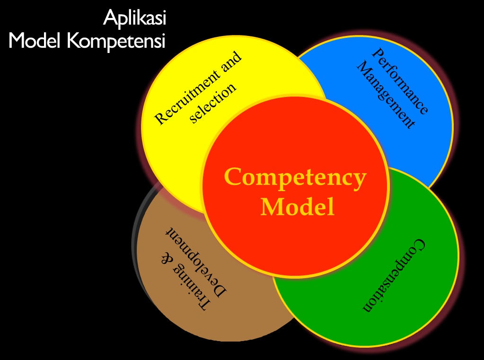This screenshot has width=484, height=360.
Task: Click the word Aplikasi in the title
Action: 135,19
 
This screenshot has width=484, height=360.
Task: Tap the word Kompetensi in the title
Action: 116,41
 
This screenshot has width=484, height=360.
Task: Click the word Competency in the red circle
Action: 295,177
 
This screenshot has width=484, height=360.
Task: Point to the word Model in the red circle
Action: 298,207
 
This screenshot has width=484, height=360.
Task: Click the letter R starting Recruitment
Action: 161,120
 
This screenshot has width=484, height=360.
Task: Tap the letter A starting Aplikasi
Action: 109,19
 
